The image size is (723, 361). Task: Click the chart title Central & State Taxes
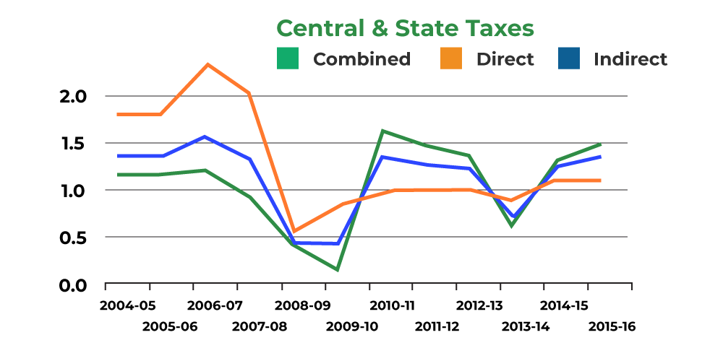(x=405, y=28)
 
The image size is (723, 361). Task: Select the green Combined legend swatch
(x=288, y=58)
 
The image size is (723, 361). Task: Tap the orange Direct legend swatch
(x=451, y=58)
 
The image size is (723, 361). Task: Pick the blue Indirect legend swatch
(x=569, y=58)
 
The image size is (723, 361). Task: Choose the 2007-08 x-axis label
(x=260, y=326)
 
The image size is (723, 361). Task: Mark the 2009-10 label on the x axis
(x=352, y=326)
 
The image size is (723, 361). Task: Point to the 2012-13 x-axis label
(x=480, y=305)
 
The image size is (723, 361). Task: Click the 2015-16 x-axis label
(x=612, y=326)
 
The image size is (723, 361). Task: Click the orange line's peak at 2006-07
(x=208, y=65)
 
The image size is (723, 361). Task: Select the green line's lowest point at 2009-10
(x=338, y=270)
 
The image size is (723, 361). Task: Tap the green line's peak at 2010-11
(x=382, y=131)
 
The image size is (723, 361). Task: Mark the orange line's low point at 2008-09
(x=294, y=231)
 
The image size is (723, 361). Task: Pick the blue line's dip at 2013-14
(x=513, y=217)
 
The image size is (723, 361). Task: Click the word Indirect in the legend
(x=630, y=59)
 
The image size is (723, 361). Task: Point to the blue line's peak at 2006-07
(x=206, y=136)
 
